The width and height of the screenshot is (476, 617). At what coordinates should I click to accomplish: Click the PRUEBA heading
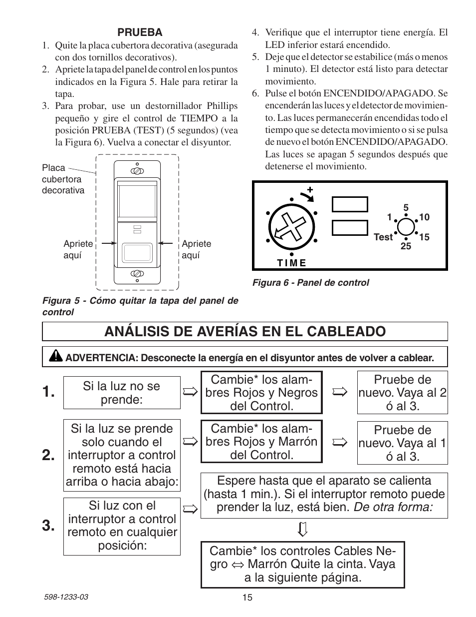pyautogui.click(x=140, y=32)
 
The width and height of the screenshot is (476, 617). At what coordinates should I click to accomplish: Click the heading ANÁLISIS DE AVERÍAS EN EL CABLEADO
pyautogui.click(x=244, y=331)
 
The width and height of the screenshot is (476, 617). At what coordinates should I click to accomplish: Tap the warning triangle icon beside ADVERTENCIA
pyautogui.click(x=56, y=357)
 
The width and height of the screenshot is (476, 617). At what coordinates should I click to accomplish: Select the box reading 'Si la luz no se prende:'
pyautogui.click(x=122, y=393)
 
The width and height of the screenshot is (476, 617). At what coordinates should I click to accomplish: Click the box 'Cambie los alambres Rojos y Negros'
pyautogui.click(x=261, y=392)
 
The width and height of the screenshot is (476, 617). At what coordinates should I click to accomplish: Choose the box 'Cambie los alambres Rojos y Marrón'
pyautogui.click(x=261, y=442)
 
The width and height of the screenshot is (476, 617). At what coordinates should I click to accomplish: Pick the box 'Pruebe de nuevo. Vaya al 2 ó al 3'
pyautogui.click(x=402, y=392)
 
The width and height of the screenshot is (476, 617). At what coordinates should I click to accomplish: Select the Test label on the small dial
pyautogui.click(x=383, y=237)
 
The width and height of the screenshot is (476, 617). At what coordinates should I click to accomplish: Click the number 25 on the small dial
pyautogui.click(x=406, y=246)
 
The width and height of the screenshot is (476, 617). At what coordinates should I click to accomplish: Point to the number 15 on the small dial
pyautogui.click(x=424, y=237)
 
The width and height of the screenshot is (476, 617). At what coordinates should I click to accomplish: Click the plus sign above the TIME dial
pyautogui.click(x=309, y=190)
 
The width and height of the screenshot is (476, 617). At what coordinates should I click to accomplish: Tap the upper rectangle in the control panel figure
pyautogui.click(x=350, y=204)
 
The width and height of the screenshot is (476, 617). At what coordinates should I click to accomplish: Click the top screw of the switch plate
pyautogui.click(x=137, y=171)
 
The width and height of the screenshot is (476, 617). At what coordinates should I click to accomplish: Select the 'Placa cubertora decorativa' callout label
pyautogui.click(x=63, y=179)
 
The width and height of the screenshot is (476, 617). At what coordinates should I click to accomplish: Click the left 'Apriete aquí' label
pyautogui.click(x=78, y=249)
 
